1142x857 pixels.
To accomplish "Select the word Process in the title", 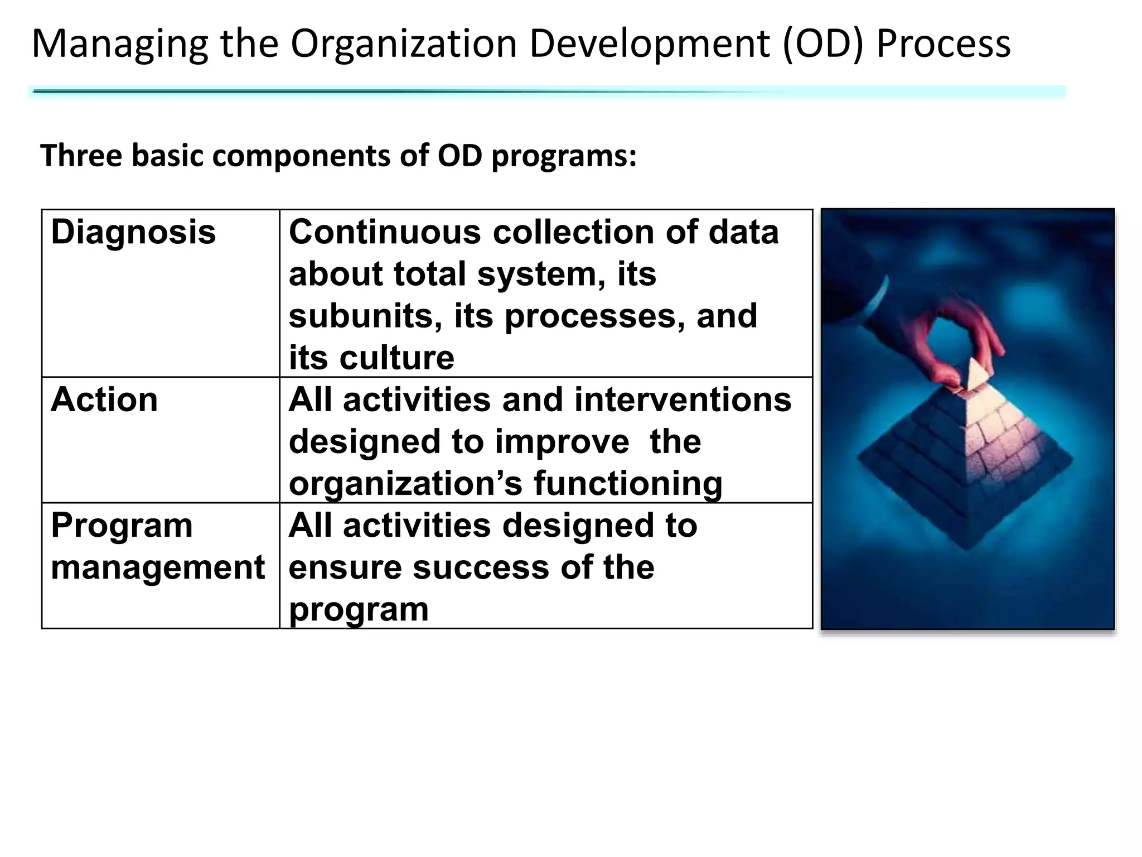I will [943, 45].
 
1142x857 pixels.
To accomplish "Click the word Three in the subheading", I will [81, 156].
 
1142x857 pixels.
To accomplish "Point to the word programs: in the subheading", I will [564, 157].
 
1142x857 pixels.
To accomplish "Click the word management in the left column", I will [157, 567].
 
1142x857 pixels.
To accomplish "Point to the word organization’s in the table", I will [405, 483].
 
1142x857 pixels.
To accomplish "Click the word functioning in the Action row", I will [628, 483].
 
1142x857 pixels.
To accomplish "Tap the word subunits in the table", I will [365, 316].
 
